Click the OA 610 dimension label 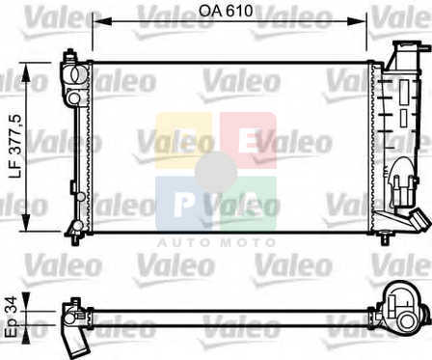226,11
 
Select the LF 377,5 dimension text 15,147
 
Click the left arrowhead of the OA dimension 101,21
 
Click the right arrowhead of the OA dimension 357,21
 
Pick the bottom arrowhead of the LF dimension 26,221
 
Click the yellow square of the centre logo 184,141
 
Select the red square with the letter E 248,141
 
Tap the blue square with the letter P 184,204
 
